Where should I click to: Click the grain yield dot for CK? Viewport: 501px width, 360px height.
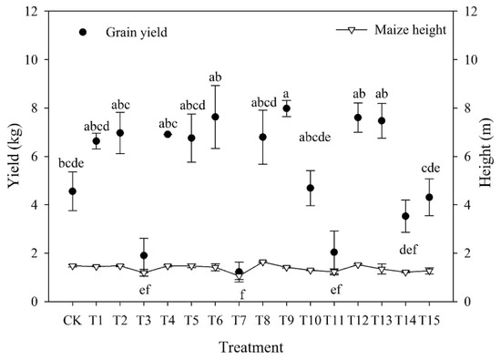click(x=73, y=191)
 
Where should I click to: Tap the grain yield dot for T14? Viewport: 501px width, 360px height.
click(x=405, y=216)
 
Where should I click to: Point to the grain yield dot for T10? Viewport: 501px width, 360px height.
click(x=311, y=188)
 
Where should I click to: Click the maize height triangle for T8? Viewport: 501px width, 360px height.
click(x=263, y=262)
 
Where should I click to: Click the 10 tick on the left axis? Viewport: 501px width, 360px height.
click(x=36, y=60)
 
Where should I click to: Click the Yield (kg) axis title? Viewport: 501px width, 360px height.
click(x=13, y=156)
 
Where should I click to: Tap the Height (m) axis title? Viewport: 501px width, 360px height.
click(x=487, y=156)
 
